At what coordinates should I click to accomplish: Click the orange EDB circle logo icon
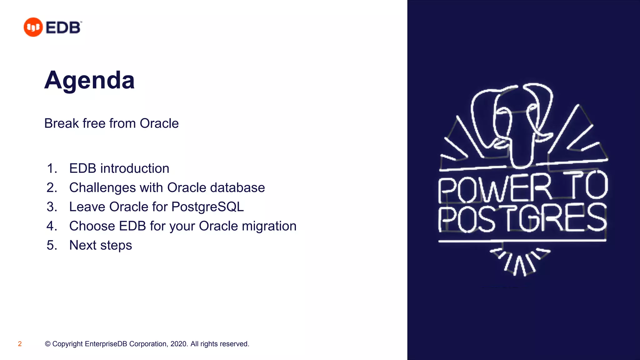click(x=33, y=27)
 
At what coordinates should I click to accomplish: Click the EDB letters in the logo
click(x=63, y=27)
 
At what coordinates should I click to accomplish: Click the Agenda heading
click(x=89, y=80)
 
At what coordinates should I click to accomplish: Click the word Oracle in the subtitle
click(x=159, y=123)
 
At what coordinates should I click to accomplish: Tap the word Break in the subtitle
click(x=62, y=123)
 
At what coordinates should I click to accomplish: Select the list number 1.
click(x=52, y=168)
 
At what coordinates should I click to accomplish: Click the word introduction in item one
click(x=135, y=168)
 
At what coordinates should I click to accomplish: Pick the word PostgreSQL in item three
click(x=207, y=207)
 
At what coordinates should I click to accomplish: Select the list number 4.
click(x=52, y=226)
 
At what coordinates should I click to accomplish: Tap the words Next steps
click(x=101, y=245)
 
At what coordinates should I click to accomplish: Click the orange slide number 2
click(x=20, y=344)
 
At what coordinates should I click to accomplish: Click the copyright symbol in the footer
click(x=47, y=344)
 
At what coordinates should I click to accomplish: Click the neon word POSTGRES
click(x=522, y=218)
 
